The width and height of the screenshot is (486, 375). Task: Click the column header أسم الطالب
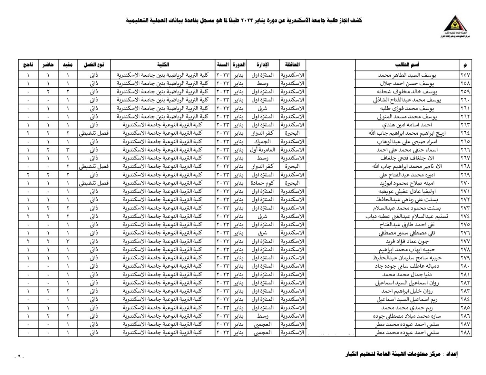click(x=407, y=65)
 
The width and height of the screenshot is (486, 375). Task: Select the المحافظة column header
click(x=292, y=65)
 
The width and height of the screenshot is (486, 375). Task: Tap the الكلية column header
click(x=163, y=65)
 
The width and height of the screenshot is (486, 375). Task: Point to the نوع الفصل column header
click(x=94, y=65)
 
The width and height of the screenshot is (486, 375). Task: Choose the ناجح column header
click(x=28, y=65)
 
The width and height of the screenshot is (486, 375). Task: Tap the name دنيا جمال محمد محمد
click(x=407, y=274)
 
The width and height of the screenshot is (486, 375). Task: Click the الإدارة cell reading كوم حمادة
click(x=262, y=183)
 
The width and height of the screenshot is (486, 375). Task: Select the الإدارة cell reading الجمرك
click(x=262, y=142)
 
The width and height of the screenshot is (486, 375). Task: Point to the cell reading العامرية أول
click(x=262, y=150)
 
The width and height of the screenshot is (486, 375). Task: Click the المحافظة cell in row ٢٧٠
click(x=292, y=183)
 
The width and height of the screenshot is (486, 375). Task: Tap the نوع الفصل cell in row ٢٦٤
click(x=94, y=133)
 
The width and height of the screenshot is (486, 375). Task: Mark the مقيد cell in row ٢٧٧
click(x=68, y=241)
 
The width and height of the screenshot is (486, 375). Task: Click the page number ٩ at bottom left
click(x=19, y=357)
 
